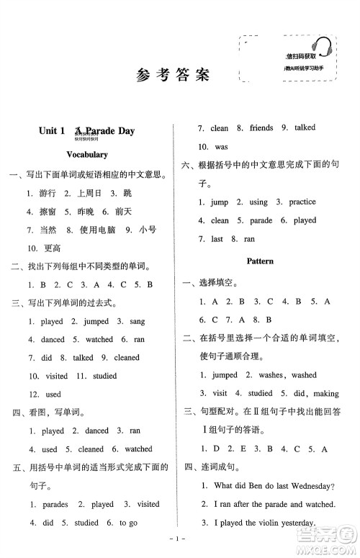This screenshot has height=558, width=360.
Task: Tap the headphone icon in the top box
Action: (x=323, y=49)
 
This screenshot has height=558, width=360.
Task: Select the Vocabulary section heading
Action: (x=86, y=155)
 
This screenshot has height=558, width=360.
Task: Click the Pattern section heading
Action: (x=259, y=261)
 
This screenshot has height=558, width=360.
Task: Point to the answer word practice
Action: (x=302, y=202)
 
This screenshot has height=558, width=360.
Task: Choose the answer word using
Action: (x=258, y=202)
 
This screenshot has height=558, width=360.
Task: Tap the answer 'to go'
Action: (x=128, y=523)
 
